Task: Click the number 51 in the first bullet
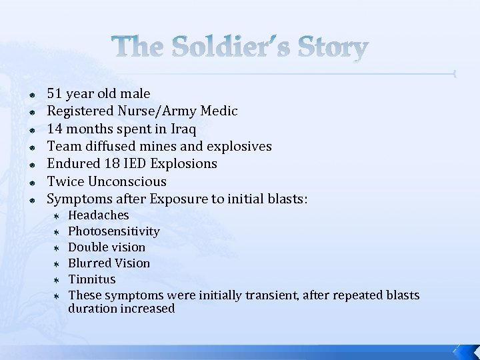tap(55, 94)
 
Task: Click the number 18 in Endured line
tap(112, 163)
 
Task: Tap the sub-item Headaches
tap(99, 215)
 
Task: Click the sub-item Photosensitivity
tap(114, 231)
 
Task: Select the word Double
tap(88, 247)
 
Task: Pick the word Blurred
tap(89, 263)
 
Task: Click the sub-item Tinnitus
tap(92, 279)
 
